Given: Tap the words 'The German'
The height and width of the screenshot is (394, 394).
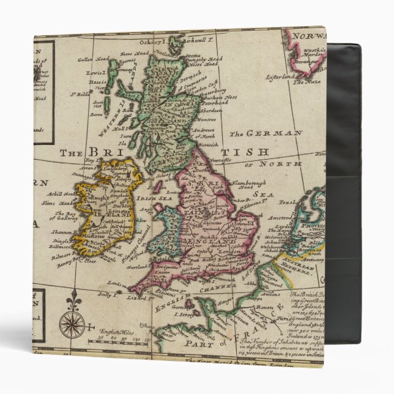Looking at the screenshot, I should (266, 133).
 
